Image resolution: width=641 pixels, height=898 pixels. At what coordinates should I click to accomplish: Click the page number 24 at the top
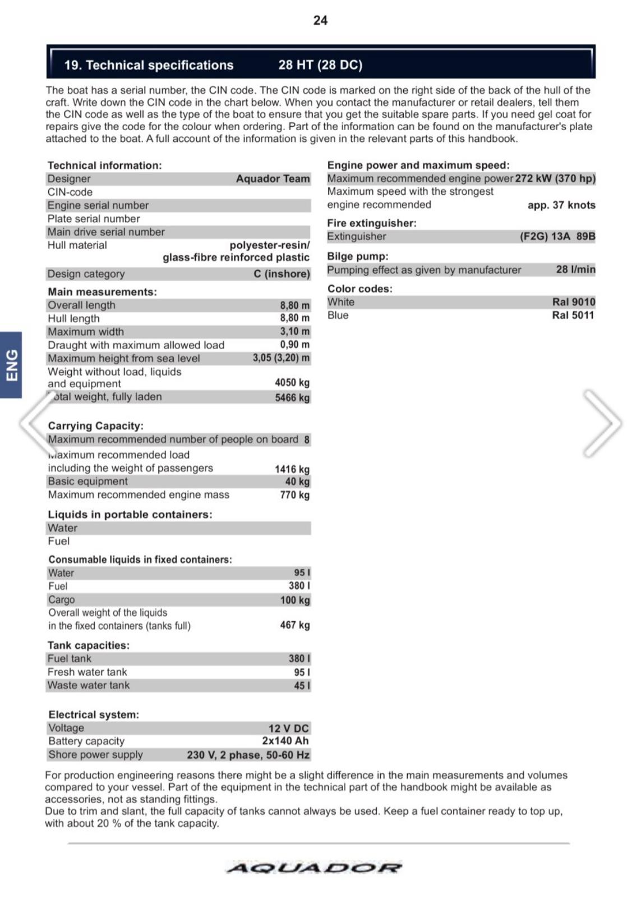(x=320, y=20)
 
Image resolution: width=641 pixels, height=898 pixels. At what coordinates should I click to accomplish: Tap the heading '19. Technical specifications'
(x=149, y=65)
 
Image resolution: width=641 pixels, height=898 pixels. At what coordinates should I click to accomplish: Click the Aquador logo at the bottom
(x=314, y=868)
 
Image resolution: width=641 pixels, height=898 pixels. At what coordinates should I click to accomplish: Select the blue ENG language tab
(x=11, y=365)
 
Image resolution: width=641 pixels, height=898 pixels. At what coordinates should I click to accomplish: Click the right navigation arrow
(x=602, y=423)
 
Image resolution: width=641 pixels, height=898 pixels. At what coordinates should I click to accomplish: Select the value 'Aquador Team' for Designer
(x=273, y=178)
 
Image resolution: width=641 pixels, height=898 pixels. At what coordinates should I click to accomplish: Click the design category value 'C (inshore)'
(x=282, y=274)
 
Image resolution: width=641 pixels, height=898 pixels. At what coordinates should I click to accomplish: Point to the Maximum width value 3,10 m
(x=294, y=332)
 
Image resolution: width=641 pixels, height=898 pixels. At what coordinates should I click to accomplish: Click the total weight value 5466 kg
(x=292, y=397)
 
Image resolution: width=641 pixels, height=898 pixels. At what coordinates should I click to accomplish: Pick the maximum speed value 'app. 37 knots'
(x=561, y=205)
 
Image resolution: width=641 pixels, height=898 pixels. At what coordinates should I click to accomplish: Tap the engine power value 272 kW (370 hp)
(x=555, y=178)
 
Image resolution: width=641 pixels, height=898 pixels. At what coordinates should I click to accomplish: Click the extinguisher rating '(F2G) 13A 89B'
(x=557, y=236)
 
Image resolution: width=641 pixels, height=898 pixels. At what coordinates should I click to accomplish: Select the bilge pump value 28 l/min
(x=575, y=269)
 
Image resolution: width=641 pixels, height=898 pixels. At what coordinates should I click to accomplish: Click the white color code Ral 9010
(x=574, y=302)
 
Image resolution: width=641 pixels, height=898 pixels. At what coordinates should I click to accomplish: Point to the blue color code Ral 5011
(x=573, y=315)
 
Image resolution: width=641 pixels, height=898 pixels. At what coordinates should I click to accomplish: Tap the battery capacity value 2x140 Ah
(x=285, y=741)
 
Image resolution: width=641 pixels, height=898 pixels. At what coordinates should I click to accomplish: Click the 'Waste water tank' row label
(x=89, y=685)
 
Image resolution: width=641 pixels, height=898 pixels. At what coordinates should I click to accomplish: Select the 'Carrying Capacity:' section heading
(x=95, y=426)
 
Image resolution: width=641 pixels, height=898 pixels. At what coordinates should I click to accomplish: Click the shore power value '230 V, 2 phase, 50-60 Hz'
(x=248, y=755)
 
